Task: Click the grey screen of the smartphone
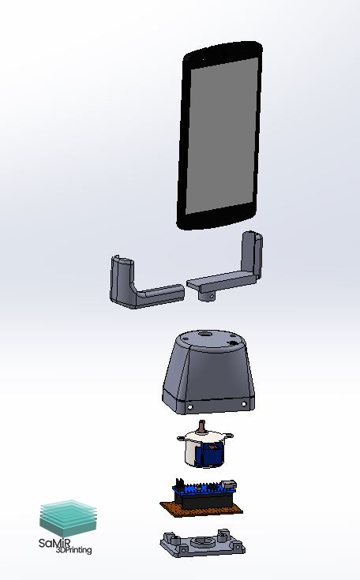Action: click(221, 136)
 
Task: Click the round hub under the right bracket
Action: click(207, 296)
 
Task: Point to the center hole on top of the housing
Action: click(204, 334)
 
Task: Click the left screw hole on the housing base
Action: click(190, 407)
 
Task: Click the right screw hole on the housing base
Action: click(244, 404)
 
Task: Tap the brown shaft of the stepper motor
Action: click(201, 426)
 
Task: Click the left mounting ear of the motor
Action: click(181, 439)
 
